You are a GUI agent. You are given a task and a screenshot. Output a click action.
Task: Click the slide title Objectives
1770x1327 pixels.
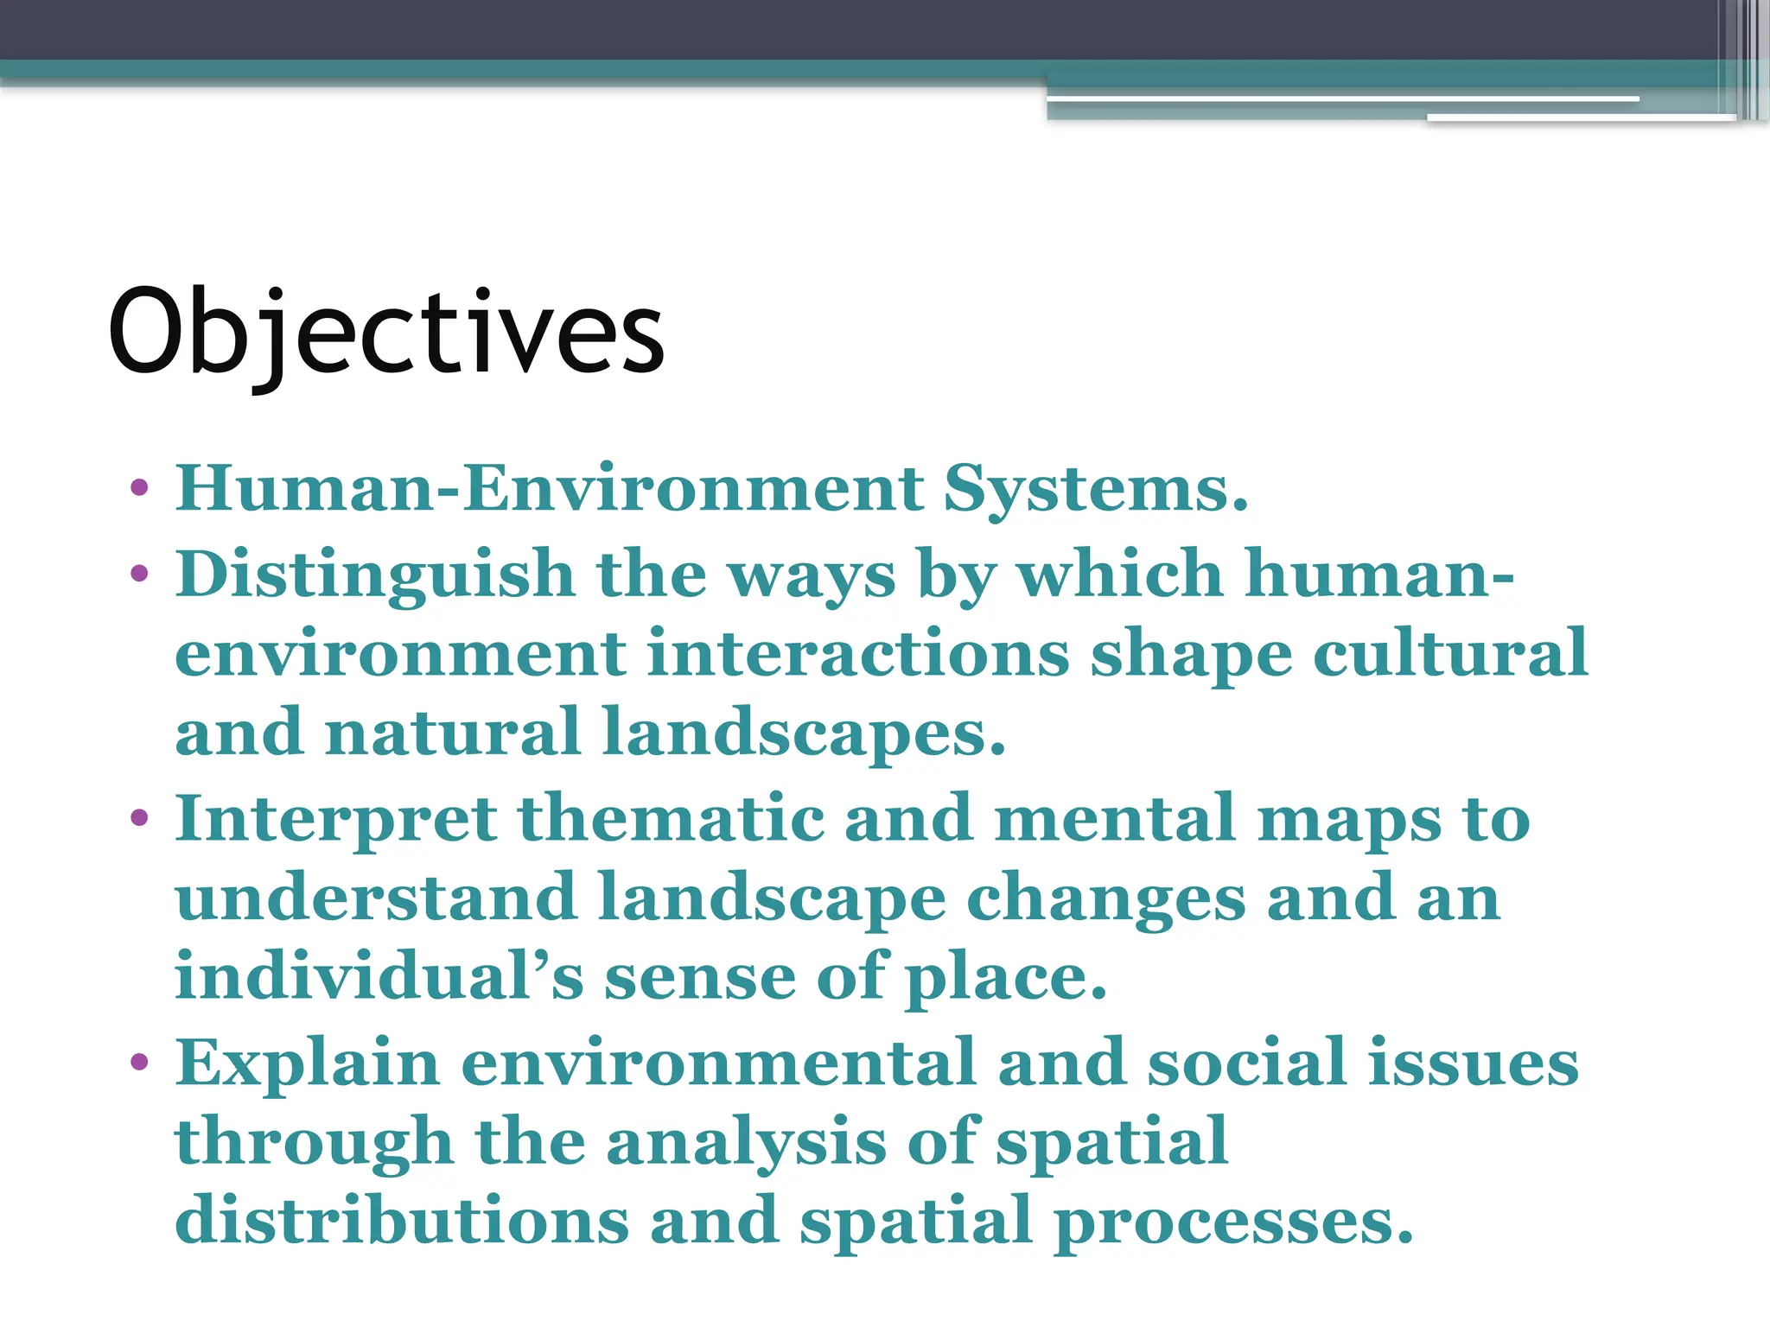pos(385,333)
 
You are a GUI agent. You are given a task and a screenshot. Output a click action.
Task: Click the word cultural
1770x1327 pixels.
pos(1450,652)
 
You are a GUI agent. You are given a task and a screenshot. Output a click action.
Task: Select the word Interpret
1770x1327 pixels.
pos(336,819)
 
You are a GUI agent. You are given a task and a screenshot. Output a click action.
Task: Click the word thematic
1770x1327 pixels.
pos(671,817)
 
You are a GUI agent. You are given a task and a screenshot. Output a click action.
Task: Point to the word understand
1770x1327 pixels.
pos(376,897)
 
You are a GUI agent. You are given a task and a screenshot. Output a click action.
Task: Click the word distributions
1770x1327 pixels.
pos(402,1220)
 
